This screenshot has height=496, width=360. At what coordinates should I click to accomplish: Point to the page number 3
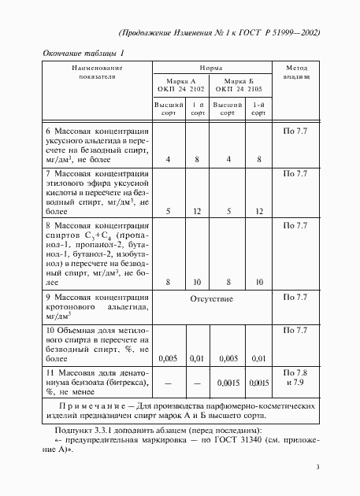point(317,468)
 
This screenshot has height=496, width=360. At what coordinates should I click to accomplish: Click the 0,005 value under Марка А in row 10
point(168,358)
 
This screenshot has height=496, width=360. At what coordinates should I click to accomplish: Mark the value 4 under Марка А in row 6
point(168,160)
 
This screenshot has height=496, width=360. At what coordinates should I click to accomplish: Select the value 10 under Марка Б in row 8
point(258,281)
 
